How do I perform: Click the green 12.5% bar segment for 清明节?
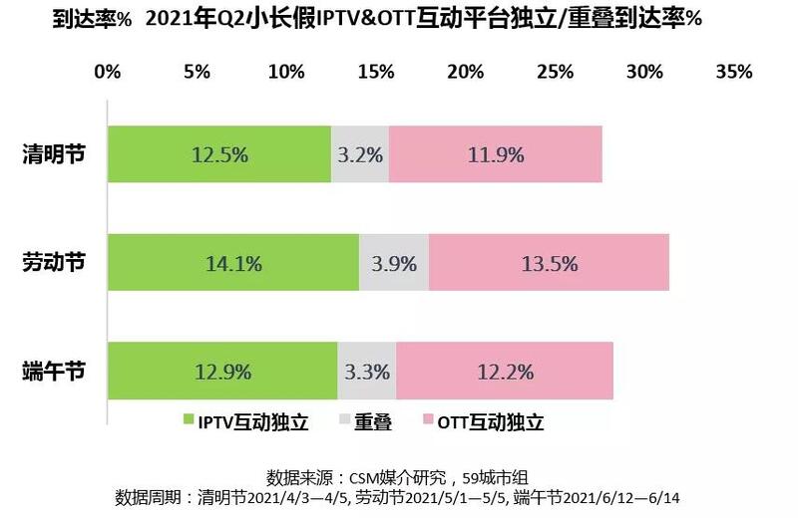tap(218, 154)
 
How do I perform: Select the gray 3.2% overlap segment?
tap(359, 154)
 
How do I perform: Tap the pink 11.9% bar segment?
tap(495, 154)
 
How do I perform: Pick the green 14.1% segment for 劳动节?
tap(232, 263)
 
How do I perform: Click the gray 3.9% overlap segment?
tap(393, 263)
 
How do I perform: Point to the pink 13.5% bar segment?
tap(549, 263)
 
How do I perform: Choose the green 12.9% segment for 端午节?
tap(221, 372)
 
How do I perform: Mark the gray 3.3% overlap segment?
tap(366, 372)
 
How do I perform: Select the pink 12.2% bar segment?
tap(504, 372)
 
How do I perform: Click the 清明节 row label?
tap(54, 154)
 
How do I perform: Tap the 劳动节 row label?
tap(54, 262)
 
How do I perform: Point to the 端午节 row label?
tap(54, 372)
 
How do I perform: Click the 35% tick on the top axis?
tap(734, 72)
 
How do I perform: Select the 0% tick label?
tap(107, 72)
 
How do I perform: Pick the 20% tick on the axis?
tap(466, 72)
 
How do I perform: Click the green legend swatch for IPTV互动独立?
tap(190, 422)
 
